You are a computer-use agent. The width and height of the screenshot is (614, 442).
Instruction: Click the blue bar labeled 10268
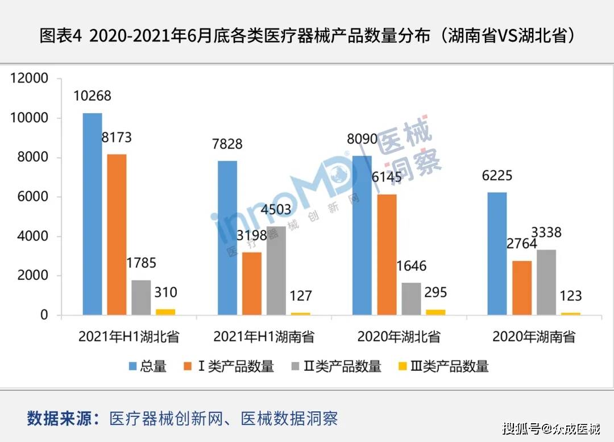click(92, 213)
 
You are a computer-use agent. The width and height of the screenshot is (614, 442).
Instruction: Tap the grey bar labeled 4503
click(276, 270)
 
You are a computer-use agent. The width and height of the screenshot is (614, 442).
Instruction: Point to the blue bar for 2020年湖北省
click(362, 235)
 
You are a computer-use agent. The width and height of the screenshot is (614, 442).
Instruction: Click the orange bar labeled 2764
click(522, 287)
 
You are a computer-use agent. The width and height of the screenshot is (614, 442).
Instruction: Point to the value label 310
click(165, 293)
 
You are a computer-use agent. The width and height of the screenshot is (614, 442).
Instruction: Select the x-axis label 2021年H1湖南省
click(264, 337)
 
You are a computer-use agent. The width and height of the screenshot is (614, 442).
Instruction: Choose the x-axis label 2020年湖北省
click(399, 337)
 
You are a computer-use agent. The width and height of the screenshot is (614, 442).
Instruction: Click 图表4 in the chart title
click(61, 36)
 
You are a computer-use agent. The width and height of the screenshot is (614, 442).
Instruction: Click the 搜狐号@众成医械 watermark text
click(551, 428)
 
